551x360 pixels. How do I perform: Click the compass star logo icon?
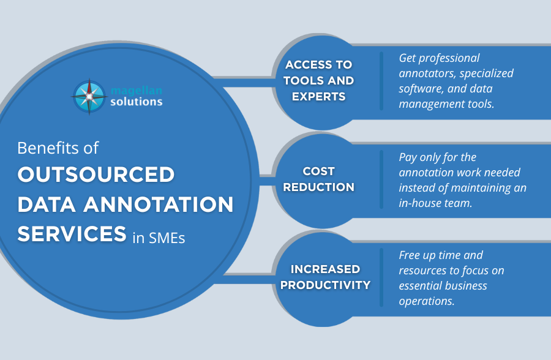pyautogui.click(x=89, y=96)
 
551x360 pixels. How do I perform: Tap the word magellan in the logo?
pyautogui.click(x=137, y=91)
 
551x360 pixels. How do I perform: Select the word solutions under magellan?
pyautogui.click(x=137, y=102)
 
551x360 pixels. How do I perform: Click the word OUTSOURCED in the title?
pyautogui.click(x=96, y=174)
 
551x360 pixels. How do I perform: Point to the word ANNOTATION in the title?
pyautogui.click(x=159, y=204)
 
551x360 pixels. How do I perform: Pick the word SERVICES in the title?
pyautogui.click(x=72, y=234)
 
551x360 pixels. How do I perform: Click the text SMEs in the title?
pyautogui.click(x=167, y=238)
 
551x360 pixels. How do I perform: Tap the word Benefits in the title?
pyautogui.click(x=48, y=148)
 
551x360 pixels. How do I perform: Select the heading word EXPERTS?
pyautogui.click(x=319, y=96)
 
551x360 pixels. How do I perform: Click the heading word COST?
pyautogui.click(x=319, y=171)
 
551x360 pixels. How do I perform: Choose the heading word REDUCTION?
pyautogui.click(x=319, y=187)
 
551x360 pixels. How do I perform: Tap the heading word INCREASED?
pyautogui.click(x=326, y=269)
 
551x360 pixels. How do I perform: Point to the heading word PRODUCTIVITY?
pyautogui.click(x=326, y=285)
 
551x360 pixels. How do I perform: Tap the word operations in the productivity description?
pyautogui.click(x=427, y=302)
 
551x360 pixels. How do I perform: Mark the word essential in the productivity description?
pyautogui.click(x=418, y=286)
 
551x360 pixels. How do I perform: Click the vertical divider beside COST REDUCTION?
pyautogui.click(x=381, y=179)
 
